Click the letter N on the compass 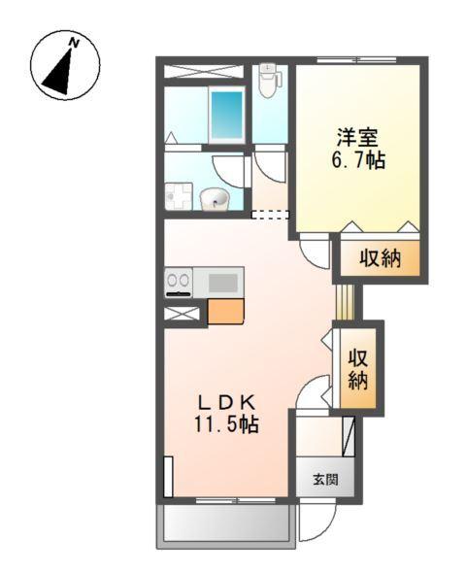click(75, 43)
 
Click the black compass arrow click(59, 73)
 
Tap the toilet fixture click(269, 81)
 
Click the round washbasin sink click(214, 199)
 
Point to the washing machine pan click(179, 196)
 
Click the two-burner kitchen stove click(179, 282)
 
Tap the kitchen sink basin click(222, 283)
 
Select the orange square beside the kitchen click(225, 312)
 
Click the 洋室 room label click(357, 138)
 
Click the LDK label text click(226, 403)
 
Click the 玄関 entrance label click(325, 479)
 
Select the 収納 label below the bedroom click(381, 258)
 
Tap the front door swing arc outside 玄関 click(325, 527)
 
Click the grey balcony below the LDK click(226, 527)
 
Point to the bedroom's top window click(356, 59)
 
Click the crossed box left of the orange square click(182, 314)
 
